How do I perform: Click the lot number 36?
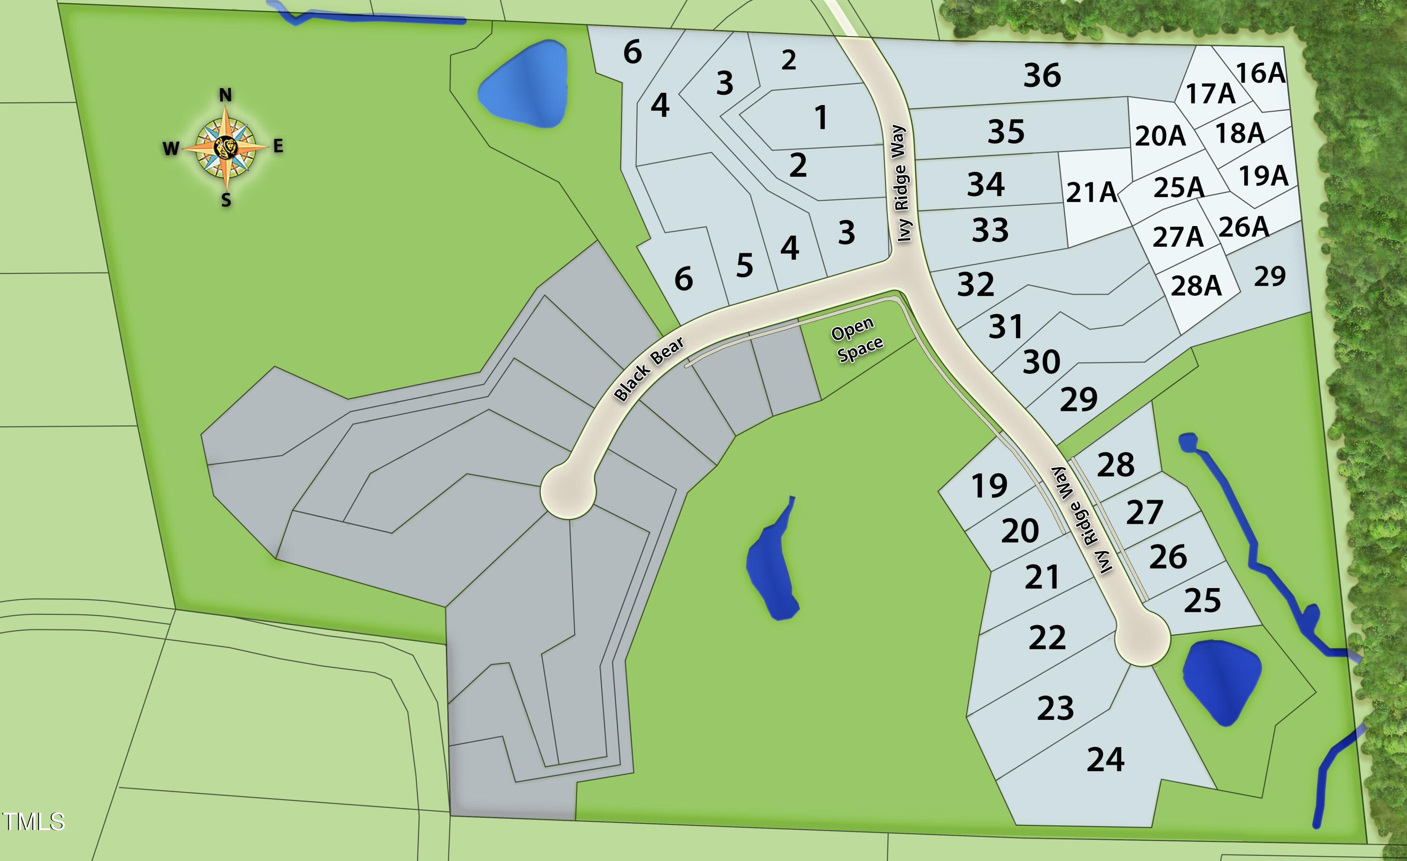[1042, 76]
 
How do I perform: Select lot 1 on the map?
[821, 118]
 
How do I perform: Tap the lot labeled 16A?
[1260, 73]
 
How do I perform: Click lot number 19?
[989, 486]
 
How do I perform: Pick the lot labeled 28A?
[1196, 286]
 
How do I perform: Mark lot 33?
[990, 230]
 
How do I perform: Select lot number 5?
[744, 265]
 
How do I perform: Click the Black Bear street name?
[649, 369]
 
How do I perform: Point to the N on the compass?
[226, 95]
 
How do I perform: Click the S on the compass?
[226, 200]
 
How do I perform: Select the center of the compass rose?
[226, 148]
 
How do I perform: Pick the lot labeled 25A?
[1179, 187]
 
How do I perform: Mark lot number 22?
[1047, 638]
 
